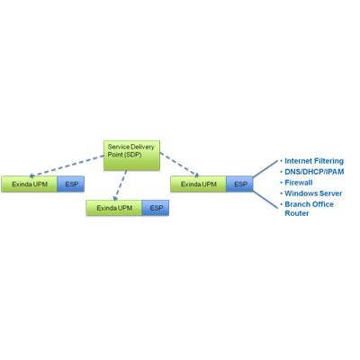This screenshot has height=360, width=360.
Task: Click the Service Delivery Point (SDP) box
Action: (131, 156)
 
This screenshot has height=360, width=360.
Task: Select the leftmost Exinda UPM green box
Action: (29, 184)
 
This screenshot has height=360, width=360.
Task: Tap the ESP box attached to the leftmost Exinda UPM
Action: (71, 184)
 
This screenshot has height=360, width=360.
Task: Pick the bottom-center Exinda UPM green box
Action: (114, 208)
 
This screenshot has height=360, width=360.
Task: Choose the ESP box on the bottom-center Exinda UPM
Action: (156, 208)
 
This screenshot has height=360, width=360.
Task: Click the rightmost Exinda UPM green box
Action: (198, 184)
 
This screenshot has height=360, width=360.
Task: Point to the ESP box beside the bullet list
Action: (240, 184)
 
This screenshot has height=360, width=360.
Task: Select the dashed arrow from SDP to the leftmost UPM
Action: (67, 166)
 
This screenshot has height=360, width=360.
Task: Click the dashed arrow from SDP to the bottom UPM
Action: (120, 185)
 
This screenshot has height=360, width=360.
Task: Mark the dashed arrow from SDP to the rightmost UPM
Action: (179, 165)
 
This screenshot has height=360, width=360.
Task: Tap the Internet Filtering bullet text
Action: (314, 161)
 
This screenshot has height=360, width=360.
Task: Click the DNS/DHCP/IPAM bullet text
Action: (314, 172)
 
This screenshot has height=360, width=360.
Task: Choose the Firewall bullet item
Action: (299, 183)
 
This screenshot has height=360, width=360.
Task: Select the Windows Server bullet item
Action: (313, 193)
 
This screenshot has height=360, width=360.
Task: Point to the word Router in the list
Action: (297, 213)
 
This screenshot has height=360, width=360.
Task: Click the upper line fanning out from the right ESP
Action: (265, 168)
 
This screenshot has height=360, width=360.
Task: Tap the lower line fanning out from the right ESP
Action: (265, 200)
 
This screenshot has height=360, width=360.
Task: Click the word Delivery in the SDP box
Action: (142, 147)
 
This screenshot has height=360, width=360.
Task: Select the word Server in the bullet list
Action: (331, 193)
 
